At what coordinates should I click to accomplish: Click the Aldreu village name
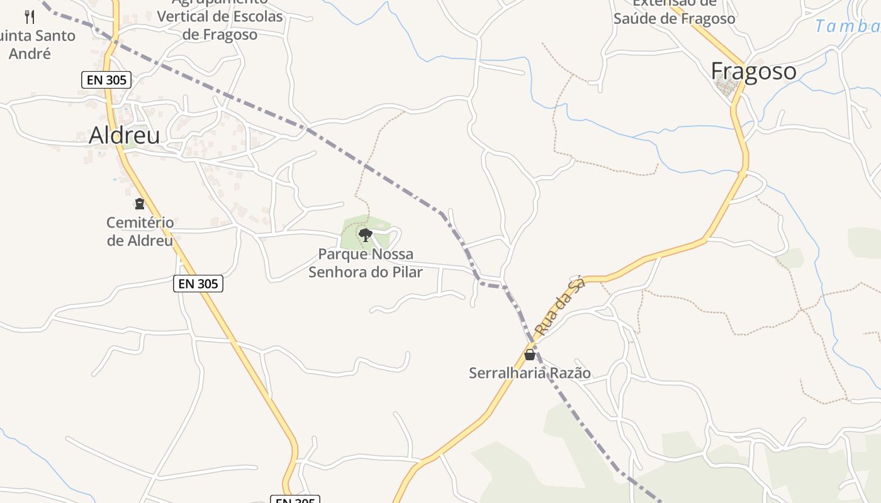pyautogui.click(x=124, y=135)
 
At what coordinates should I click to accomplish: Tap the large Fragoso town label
pyautogui.click(x=753, y=71)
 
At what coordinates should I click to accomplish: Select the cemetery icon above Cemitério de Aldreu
pyautogui.click(x=139, y=204)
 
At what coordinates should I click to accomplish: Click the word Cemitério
pyautogui.click(x=140, y=223)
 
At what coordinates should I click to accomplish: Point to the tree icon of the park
pyautogui.click(x=365, y=235)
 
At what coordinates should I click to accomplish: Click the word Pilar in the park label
pyautogui.click(x=405, y=272)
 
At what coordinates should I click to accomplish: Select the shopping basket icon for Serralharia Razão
pyautogui.click(x=530, y=355)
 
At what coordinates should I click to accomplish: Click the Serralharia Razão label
pyautogui.click(x=530, y=373)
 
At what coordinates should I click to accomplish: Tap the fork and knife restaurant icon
pyautogui.click(x=29, y=17)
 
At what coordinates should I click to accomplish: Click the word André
pyautogui.click(x=30, y=53)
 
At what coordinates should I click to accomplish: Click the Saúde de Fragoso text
pyautogui.click(x=674, y=19)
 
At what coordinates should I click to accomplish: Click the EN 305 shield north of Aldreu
pyautogui.click(x=106, y=80)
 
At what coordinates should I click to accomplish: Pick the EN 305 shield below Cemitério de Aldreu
pyautogui.click(x=198, y=284)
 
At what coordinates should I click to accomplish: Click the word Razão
pyautogui.click(x=570, y=373)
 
